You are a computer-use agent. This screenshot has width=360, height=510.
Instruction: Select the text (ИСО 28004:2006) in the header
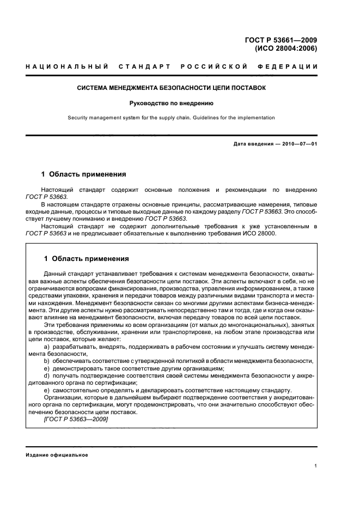point(287,48)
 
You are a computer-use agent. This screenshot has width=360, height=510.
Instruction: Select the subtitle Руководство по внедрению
point(171,102)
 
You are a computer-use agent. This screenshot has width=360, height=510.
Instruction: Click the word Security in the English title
point(78,117)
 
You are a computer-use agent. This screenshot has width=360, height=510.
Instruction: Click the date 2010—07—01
point(300,143)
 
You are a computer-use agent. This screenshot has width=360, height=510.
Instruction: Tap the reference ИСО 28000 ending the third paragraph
point(259,234)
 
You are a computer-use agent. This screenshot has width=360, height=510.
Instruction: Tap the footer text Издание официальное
point(57,454)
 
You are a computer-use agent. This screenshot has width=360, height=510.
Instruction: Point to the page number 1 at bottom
point(316,466)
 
